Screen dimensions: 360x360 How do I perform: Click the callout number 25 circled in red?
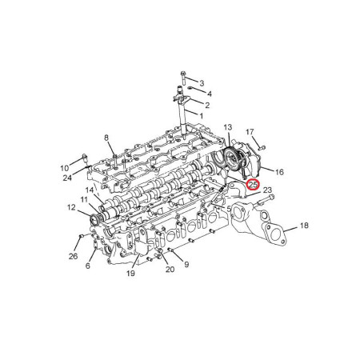pyautogui.click(x=253, y=185)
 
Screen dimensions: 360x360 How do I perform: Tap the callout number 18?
pyautogui.click(x=304, y=226)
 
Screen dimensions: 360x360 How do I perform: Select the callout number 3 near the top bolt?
pyautogui.click(x=202, y=83)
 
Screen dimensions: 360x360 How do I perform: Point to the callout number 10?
pyautogui.click(x=64, y=168)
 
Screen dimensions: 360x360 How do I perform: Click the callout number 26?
pyautogui.click(x=74, y=257)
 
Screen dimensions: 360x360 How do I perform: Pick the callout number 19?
pyautogui.click(x=130, y=274)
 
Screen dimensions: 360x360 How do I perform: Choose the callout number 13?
pyautogui.click(x=228, y=127)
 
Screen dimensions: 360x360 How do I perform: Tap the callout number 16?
pyautogui.click(x=279, y=172)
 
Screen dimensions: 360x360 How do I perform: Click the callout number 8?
pyautogui.click(x=106, y=138)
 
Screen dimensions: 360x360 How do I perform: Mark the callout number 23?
pyautogui.click(x=267, y=190)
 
